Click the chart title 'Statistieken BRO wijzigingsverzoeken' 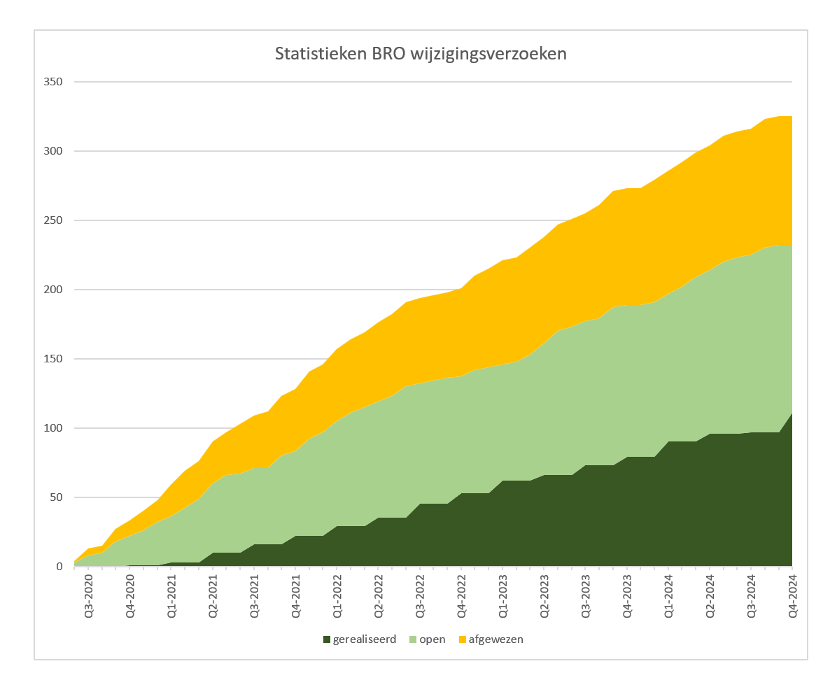point(421,54)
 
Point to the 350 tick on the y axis point(53,82)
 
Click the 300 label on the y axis point(53,151)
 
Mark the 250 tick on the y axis point(53,220)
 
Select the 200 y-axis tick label point(53,290)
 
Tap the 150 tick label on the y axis point(53,359)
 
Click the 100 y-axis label point(53,428)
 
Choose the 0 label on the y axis point(59,567)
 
